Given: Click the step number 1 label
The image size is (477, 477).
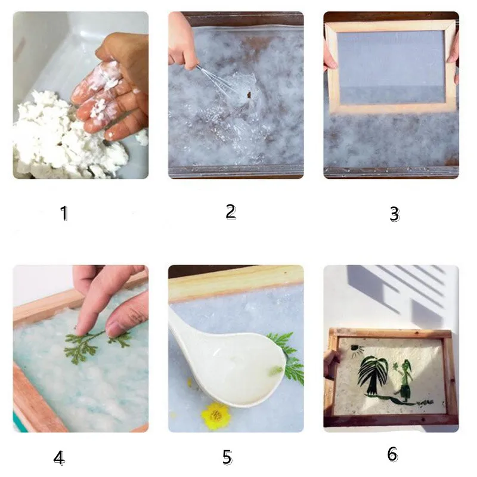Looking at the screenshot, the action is pyautogui.click(x=64, y=213).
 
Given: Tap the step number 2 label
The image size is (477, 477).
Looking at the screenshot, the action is pyautogui.click(x=231, y=212).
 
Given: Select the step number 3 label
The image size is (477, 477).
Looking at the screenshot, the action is pyautogui.click(x=395, y=214).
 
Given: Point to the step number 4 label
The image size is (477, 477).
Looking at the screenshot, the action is pyautogui.click(x=59, y=458).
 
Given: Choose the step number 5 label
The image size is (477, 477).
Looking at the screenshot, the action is pyautogui.click(x=227, y=457).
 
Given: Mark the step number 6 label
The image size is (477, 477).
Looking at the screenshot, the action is pyautogui.click(x=392, y=454).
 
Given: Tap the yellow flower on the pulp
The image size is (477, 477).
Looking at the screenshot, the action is pyautogui.click(x=216, y=416).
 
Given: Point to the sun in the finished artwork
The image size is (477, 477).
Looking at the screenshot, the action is pyautogui.click(x=357, y=349).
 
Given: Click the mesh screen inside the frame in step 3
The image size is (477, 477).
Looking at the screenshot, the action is pyautogui.click(x=391, y=67).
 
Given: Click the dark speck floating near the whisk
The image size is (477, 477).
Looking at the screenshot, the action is pyautogui.click(x=249, y=95).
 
